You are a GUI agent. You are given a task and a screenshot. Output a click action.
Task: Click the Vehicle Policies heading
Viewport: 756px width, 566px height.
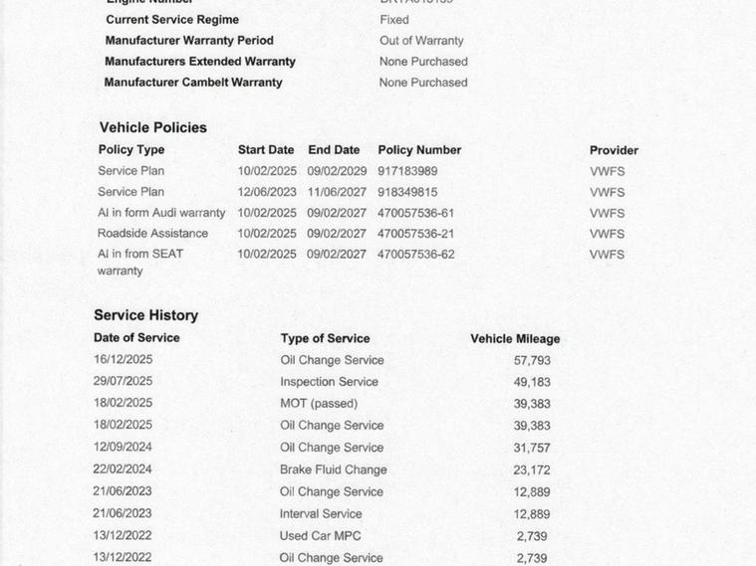click(x=152, y=127)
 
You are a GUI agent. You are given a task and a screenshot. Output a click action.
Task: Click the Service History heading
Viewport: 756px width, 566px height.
click(x=145, y=315)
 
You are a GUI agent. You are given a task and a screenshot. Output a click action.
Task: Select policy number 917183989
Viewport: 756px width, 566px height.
click(x=407, y=171)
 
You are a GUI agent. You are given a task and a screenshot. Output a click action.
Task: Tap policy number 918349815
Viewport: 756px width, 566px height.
click(x=407, y=192)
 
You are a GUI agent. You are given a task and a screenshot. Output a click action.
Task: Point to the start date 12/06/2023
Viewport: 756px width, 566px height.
click(x=266, y=192)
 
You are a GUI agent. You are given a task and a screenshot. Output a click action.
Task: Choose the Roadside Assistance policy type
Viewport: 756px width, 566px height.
click(x=152, y=234)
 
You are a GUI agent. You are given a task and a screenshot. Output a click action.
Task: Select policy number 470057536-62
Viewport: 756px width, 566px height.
click(x=415, y=255)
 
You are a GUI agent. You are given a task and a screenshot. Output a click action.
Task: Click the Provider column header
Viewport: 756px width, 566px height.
click(x=614, y=150)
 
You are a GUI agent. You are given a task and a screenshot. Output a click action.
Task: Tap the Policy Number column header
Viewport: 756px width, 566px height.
click(x=419, y=150)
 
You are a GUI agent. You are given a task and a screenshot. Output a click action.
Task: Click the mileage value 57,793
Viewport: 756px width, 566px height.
click(x=532, y=361)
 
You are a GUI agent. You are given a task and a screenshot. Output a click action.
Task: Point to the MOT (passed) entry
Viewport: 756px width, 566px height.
click(x=319, y=404)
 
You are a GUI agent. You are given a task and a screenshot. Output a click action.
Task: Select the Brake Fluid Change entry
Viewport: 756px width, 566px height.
click(x=333, y=470)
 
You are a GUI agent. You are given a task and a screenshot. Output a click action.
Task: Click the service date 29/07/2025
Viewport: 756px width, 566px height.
click(x=123, y=381)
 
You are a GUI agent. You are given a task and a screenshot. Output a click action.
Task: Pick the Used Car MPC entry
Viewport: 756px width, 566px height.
click(x=321, y=536)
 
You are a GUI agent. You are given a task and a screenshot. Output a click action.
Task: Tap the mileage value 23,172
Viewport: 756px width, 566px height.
click(x=532, y=471)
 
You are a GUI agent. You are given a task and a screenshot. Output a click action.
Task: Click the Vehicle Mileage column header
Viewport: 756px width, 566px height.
click(x=515, y=339)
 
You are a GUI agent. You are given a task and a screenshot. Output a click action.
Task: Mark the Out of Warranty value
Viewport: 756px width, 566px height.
click(x=421, y=41)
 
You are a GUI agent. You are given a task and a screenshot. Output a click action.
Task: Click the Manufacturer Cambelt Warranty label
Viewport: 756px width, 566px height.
click(x=193, y=83)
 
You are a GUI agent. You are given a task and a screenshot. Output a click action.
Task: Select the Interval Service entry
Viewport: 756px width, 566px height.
click(x=321, y=514)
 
